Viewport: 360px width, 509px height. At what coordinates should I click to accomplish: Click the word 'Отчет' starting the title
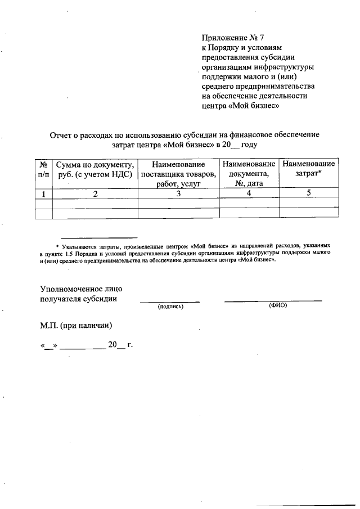(x=61, y=134)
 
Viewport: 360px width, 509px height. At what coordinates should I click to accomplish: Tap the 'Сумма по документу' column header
(x=94, y=169)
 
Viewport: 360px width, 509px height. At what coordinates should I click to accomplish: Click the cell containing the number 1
(x=43, y=193)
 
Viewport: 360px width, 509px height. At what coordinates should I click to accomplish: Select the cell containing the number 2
(x=94, y=193)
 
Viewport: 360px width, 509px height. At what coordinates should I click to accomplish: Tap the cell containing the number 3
(x=178, y=193)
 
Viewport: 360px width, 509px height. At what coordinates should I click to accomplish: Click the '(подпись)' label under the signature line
(x=170, y=307)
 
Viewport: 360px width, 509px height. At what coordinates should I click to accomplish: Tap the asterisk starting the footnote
(x=58, y=246)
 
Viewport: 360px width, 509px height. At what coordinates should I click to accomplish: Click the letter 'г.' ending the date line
(x=129, y=344)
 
